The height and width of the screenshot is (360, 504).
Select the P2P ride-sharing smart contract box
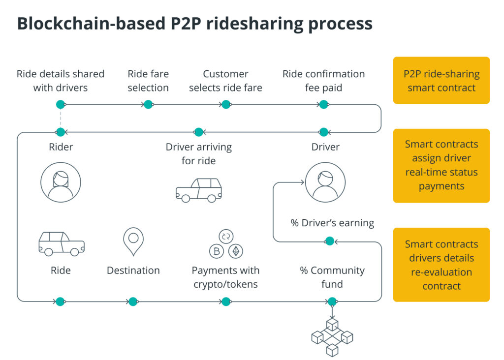(441, 81)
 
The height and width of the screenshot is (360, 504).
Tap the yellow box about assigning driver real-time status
(441, 166)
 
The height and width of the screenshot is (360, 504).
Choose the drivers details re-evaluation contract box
(441, 265)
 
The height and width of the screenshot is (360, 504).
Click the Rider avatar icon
(61, 182)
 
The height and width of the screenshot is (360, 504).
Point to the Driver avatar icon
(325, 182)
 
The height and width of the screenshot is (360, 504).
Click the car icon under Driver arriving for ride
(198, 190)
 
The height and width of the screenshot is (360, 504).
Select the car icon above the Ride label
(61, 243)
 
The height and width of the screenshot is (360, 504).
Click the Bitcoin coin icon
(217, 251)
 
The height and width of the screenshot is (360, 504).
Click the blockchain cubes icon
(332, 337)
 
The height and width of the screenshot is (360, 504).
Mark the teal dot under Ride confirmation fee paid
(323, 104)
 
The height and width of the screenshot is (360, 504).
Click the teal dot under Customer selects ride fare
(225, 104)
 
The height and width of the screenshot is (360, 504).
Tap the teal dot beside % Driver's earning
(329, 241)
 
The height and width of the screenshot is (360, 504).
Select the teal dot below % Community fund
(332, 301)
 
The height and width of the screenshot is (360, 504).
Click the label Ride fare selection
(148, 81)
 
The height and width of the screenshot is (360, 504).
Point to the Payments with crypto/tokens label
(225, 277)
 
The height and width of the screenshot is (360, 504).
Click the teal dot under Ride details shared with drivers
(61, 104)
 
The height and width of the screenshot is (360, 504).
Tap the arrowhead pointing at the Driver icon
(302, 182)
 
